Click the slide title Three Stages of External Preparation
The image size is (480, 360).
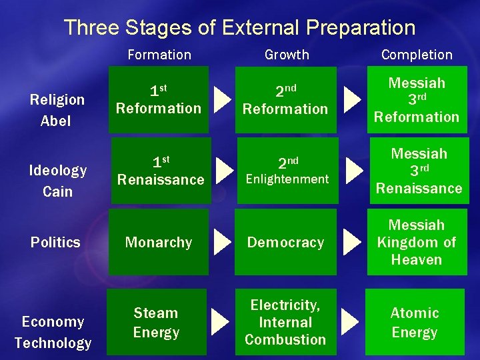[x=239, y=27]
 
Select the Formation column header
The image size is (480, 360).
[x=159, y=55]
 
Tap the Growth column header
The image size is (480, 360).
[x=287, y=55]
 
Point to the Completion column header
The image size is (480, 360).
[x=417, y=55]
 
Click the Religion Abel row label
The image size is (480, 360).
[x=57, y=110]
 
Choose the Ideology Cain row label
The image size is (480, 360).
[x=57, y=181]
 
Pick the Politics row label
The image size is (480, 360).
[x=55, y=242]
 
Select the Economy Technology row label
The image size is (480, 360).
[x=53, y=332]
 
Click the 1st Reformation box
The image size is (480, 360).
[x=159, y=99]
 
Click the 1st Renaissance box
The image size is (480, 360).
[x=160, y=171]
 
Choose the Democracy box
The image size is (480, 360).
[x=285, y=242]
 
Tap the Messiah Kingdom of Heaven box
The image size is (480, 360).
[x=417, y=242]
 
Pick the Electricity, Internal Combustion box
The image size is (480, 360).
[x=285, y=322]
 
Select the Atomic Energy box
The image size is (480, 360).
[x=415, y=322]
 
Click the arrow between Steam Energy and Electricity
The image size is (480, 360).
[x=219, y=322]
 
